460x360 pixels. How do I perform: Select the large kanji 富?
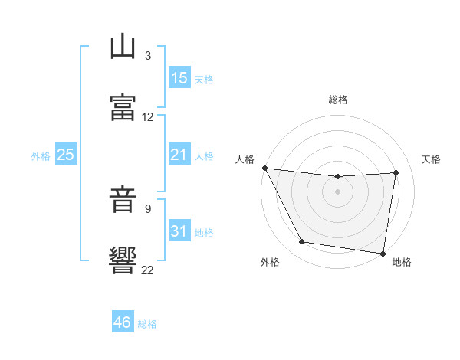click(123, 107)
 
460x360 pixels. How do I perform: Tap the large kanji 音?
click(123, 199)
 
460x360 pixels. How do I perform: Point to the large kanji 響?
click(123, 260)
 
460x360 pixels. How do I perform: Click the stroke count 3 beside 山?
click(148, 55)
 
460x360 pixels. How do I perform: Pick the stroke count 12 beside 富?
click(147, 117)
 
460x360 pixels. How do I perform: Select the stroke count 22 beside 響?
click(147, 270)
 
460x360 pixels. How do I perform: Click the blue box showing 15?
click(179, 77)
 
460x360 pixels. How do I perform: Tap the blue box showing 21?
click(179, 154)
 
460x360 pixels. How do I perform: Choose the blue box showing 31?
click(179, 230)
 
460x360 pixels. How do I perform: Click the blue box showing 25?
click(66, 154)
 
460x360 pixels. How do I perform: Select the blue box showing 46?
click(123, 321)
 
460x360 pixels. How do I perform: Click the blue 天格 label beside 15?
click(204, 80)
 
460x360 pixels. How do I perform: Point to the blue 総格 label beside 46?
click(147, 324)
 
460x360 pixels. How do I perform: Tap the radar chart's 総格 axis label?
click(338, 100)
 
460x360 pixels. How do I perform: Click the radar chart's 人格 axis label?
click(245, 159)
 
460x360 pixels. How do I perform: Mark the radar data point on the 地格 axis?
click(383, 254)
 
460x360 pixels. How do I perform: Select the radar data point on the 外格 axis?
click(302, 241)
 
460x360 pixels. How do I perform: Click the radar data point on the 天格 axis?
click(396, 172)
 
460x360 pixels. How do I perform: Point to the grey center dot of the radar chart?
click(337, 191)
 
